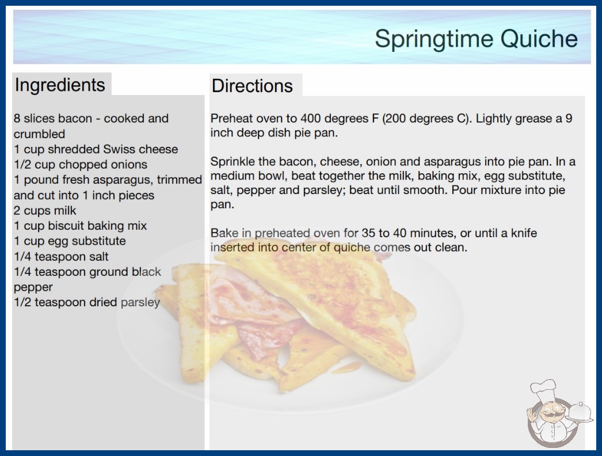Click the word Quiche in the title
539,39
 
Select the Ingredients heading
60,85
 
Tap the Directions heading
252,86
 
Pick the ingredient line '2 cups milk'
45,211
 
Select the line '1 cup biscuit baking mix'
80,226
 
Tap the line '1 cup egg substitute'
70,241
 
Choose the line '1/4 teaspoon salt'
61,256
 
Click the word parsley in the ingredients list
140,303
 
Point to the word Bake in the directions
224,233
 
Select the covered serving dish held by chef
580,413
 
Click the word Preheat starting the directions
232,119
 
